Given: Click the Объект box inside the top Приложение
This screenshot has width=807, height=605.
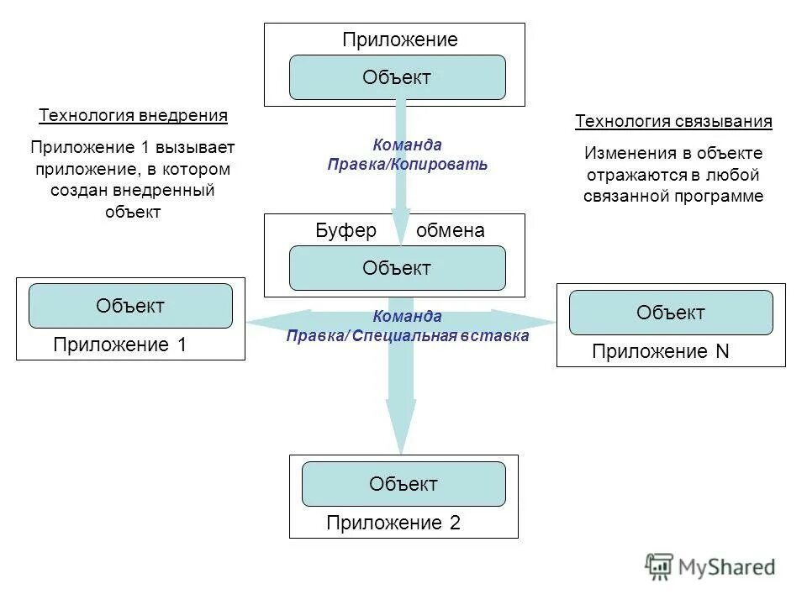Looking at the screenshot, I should (397, 78).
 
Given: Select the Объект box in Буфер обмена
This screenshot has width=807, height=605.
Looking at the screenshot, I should (397, 269).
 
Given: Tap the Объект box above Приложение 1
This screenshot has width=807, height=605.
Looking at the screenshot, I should (130, 306).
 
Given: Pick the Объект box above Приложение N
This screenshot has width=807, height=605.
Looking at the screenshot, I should (671, 313).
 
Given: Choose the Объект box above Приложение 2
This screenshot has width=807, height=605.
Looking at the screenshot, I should (403, 484).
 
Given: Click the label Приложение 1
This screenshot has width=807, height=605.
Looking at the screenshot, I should (119, 345).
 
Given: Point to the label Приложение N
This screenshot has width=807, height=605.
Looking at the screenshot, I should (660, 352).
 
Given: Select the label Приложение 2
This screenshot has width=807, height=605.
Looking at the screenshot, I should (393, 523).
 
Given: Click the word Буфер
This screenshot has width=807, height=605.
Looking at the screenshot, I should (345, 231).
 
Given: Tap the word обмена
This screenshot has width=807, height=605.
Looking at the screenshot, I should (451, 231).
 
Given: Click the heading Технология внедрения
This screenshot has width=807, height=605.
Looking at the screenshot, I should (133, 115).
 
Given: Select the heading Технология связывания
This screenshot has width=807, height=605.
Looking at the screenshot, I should (673, 122).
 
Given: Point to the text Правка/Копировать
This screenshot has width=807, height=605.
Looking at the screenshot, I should (408, 165).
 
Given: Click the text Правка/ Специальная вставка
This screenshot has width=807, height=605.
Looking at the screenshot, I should (408, 336).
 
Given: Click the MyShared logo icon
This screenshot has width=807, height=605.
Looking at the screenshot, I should (659, 566).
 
